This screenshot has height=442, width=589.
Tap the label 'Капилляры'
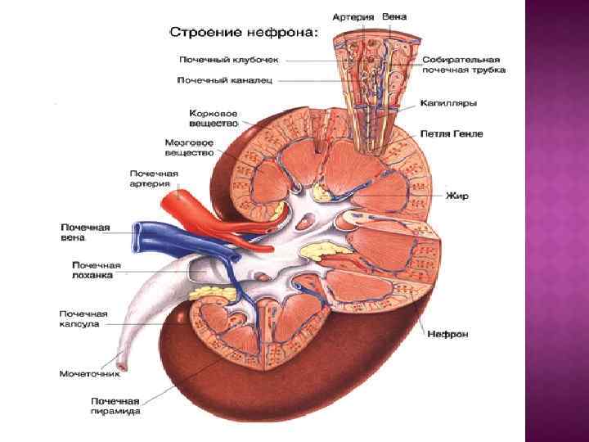click(x=448, y=104)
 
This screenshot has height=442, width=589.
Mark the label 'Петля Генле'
click(x=452, y=133)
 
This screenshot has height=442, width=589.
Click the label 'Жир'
click(x=456, y=196)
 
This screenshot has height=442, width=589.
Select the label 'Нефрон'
click(x=447, y=334)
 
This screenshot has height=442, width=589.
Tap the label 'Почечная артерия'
click(x=154, y=178)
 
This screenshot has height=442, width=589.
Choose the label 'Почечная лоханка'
click(x=96, y=270)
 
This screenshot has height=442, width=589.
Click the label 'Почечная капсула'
click(x=83, y=318)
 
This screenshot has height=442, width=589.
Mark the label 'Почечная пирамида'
click(x=115, y=406)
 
